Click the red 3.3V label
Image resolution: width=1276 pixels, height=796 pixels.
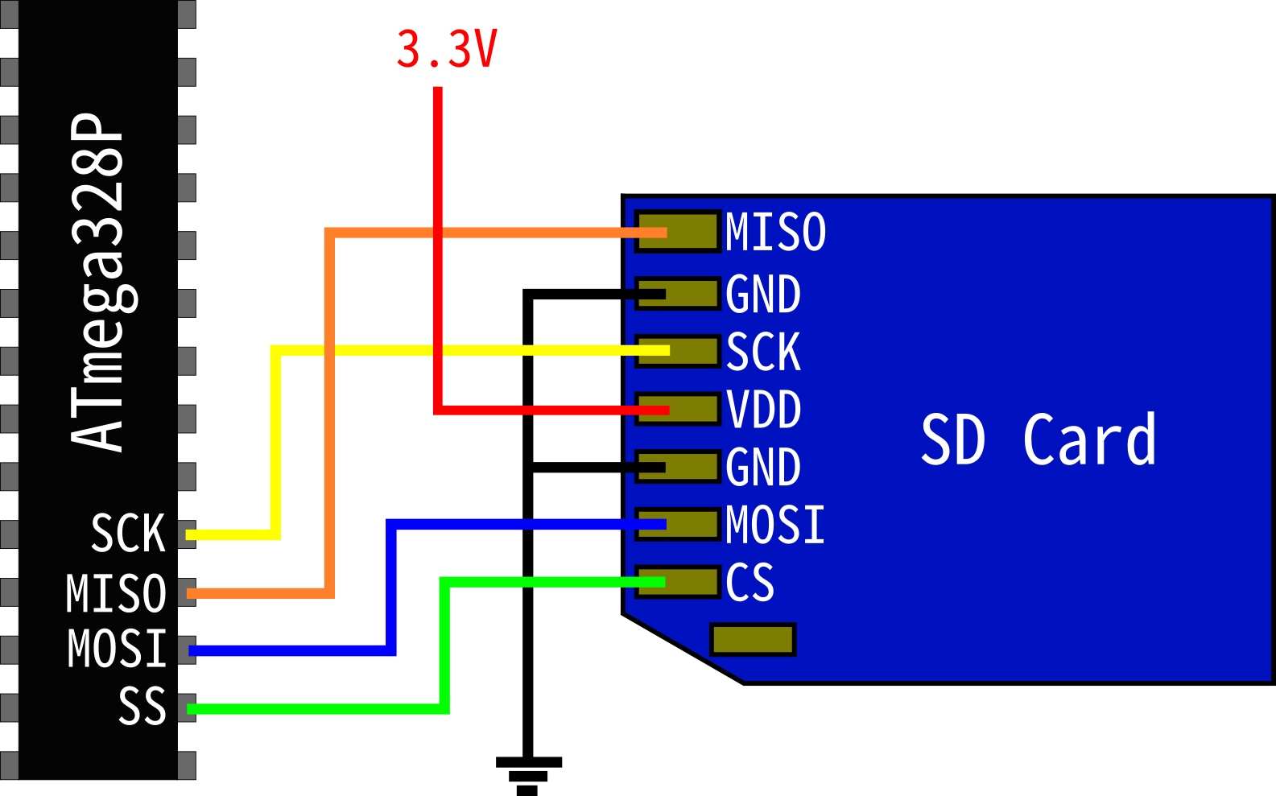(447, 50)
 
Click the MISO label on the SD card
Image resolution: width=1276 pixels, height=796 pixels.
(775, 233)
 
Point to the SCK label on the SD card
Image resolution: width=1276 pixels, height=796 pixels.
(763, 352)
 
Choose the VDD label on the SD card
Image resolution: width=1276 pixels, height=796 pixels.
(763, 410)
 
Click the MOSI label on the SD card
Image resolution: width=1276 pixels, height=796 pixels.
(775, 525)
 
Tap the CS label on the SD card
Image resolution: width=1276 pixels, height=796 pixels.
(749, 583)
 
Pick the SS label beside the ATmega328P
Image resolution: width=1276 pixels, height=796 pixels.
(142, 707)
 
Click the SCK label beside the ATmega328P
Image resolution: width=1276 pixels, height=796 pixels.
(128, 534)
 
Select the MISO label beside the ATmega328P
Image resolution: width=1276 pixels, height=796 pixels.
(116, 594)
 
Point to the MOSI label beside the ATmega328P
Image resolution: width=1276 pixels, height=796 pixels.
(117, 650)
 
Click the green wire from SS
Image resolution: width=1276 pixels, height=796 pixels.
(444, 644)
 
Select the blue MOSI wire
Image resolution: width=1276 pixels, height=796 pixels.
(391, 588)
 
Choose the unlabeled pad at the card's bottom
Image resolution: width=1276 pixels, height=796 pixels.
(753, 640)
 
